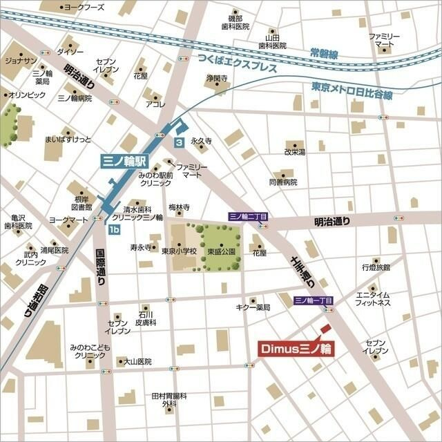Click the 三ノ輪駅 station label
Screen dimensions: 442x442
[124, 161]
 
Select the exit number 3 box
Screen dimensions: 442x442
[179, 142]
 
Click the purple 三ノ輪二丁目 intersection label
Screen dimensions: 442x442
[248, 217]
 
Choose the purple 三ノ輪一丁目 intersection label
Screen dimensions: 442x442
[314, 300]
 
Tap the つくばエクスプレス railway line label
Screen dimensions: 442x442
[236, 64]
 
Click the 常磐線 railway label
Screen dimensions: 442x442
[323, 52]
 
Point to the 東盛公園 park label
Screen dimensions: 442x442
[222, 252]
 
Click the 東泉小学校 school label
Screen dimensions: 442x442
[179, 252]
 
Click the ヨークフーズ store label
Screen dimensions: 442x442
[84, 7]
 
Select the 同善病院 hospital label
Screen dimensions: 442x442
[282, 182]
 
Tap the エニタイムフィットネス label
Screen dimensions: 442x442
[374, 299]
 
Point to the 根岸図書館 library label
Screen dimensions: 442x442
[81, 202]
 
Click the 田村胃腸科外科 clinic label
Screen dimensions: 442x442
[170, 400]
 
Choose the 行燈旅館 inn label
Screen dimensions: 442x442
[376, 267]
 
